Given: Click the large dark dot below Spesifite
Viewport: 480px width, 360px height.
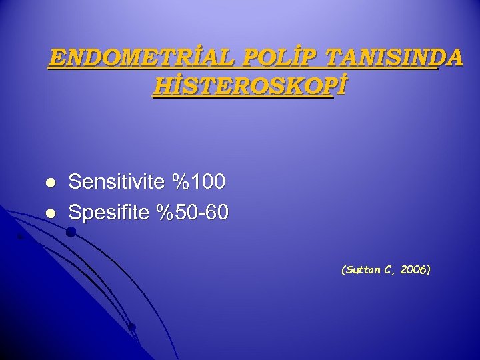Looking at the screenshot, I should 71,232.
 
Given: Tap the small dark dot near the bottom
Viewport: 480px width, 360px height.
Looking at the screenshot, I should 132,327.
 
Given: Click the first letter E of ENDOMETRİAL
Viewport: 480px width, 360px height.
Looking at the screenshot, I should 57,59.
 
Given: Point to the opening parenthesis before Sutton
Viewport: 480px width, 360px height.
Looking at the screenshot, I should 343,270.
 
